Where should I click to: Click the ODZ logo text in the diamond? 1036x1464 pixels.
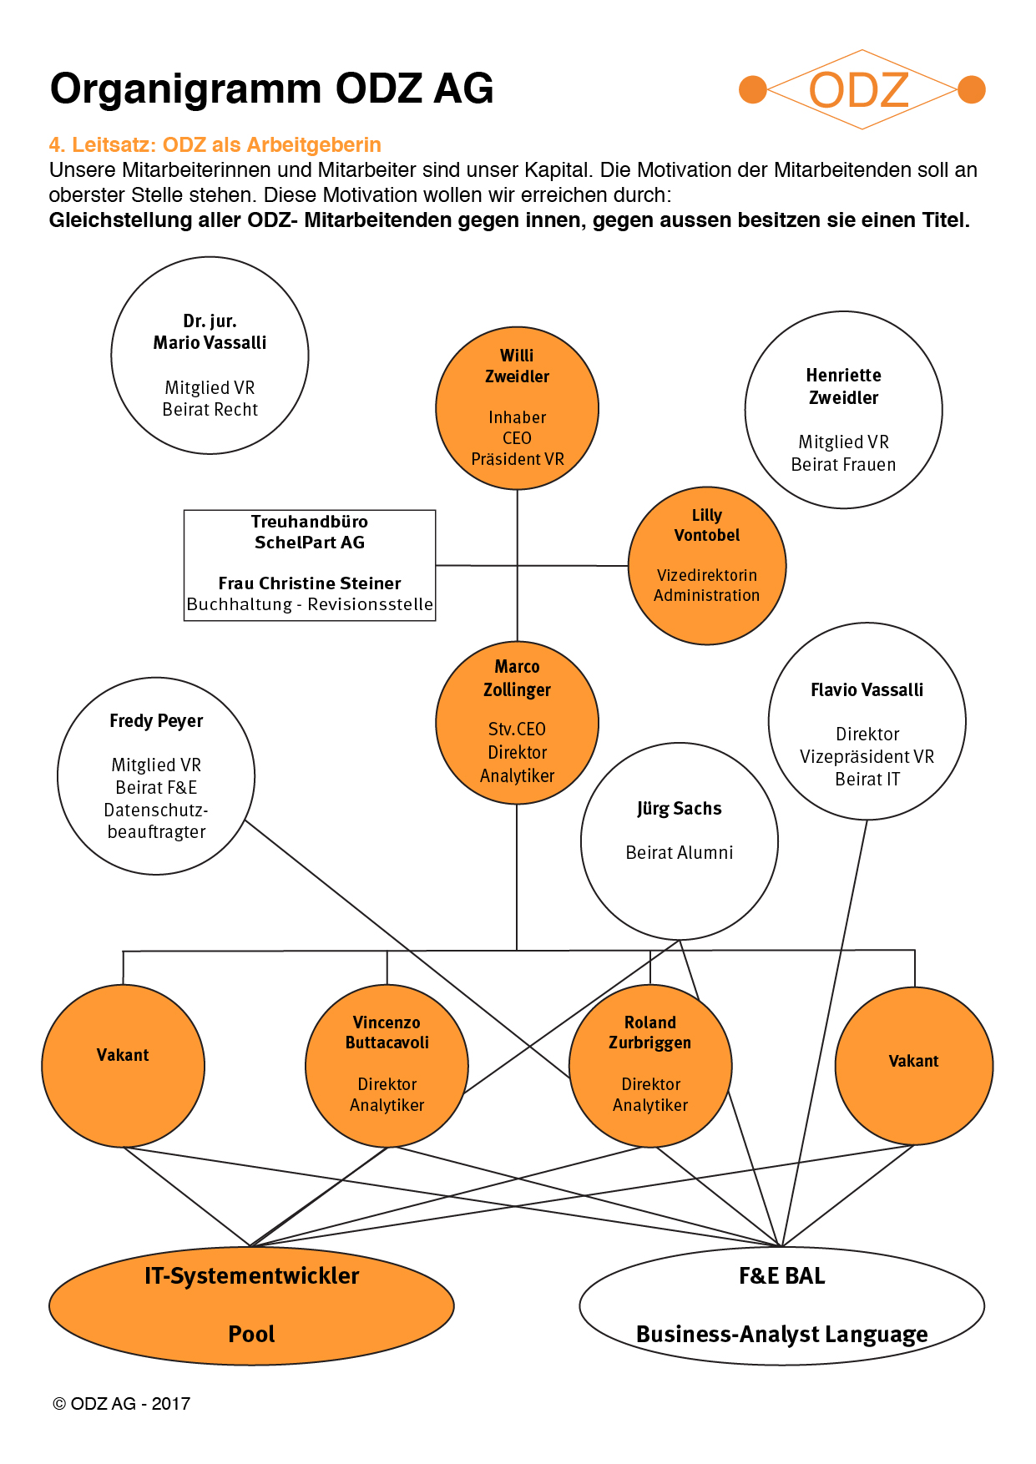[x=859, y=90]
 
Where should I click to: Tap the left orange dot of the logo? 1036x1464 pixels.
[x=753, y=89]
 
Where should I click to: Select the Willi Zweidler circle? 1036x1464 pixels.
[x=518, y=408]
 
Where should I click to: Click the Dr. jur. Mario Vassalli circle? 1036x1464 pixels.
[x=210, y=356]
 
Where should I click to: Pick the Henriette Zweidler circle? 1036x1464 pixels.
[x=844, y=410]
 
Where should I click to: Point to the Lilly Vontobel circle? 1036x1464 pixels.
[x=707, y=566]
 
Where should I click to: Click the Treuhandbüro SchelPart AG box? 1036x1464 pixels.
[x=310, y=565]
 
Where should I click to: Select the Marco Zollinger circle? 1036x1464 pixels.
[x=518, y=723]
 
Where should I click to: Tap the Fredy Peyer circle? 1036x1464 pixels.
[x=156, y=776]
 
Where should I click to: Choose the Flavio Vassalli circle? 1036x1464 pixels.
[x=867, y=721]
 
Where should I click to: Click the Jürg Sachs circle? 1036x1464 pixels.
[x=680, y=841]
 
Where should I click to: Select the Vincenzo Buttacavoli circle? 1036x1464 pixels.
[x=387, y=1066]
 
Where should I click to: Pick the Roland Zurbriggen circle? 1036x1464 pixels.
[x=650, y=1066]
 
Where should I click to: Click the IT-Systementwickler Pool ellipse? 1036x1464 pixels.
[x=251, y=1306]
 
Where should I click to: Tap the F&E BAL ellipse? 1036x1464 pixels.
[x=782, y=1306]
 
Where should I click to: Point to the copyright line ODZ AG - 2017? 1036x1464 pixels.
[x=122, y=1404]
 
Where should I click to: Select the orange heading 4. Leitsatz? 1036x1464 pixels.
[x=215, y=144]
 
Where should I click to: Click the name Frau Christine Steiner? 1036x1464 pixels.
[x=310, y=583]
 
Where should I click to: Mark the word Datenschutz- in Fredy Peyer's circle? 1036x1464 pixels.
[x=156, y=810]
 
